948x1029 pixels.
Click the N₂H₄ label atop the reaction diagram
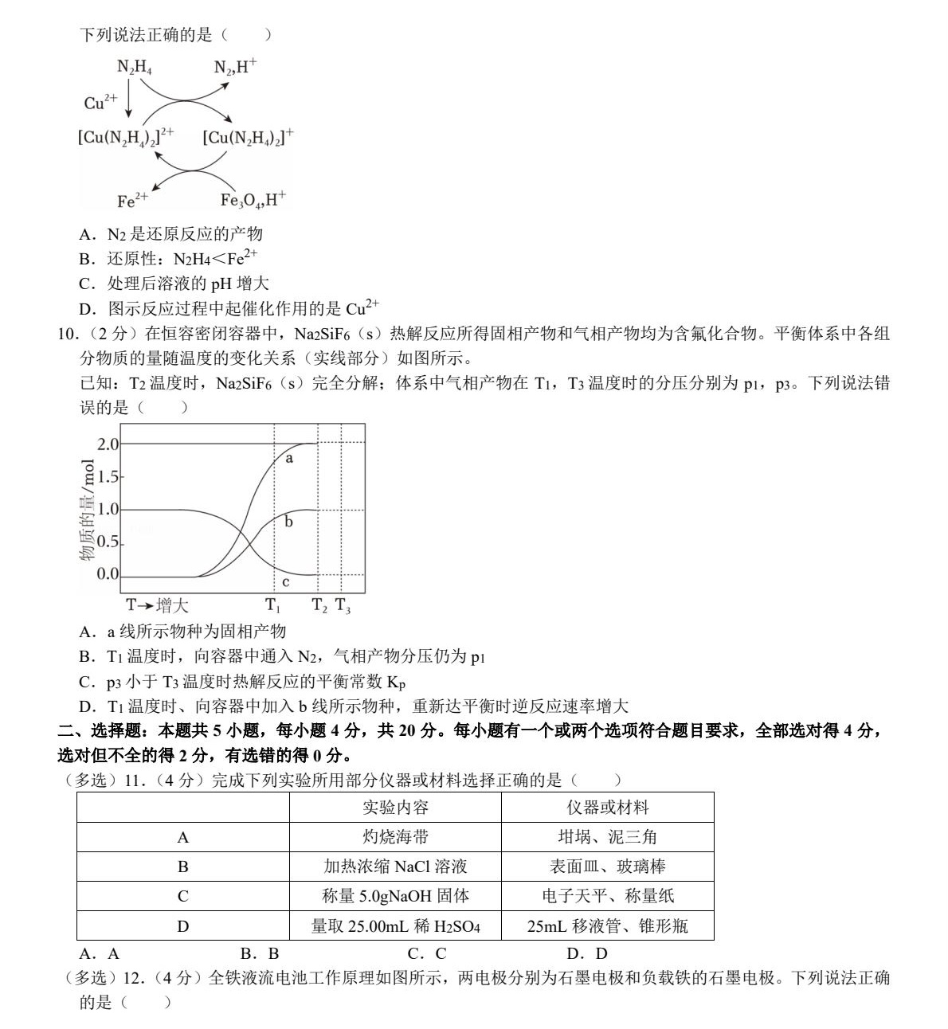135,68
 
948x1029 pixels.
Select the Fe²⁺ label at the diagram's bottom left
131,200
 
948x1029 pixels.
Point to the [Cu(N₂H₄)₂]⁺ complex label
249,137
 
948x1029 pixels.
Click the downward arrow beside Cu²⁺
128,102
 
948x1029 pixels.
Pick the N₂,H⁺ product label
235,68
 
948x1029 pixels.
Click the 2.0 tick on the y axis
108,444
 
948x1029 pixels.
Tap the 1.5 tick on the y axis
108,477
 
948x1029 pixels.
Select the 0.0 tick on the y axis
108,574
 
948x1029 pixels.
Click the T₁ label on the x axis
273,605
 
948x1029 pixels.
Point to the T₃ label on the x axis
343,605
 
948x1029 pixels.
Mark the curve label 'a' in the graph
289,458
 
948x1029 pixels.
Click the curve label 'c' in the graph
286,582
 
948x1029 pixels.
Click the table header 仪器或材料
607,808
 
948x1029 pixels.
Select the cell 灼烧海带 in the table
395,837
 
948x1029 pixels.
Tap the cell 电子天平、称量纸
607,896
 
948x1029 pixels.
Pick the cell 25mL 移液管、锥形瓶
607,926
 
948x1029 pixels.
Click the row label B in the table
183,867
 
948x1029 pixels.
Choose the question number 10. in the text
69,334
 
